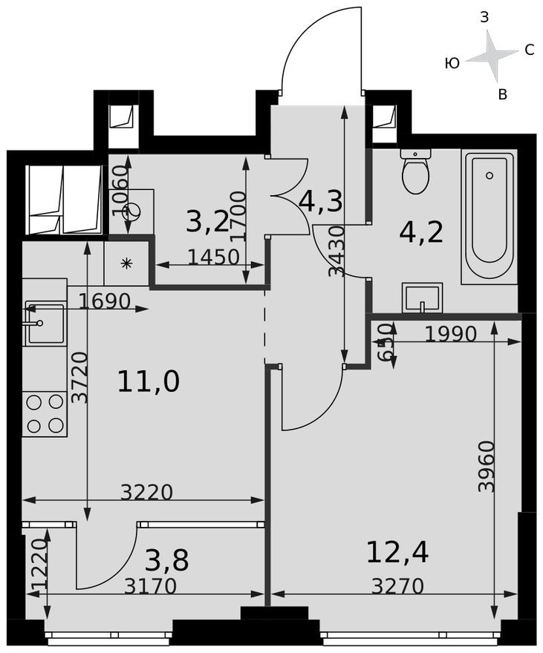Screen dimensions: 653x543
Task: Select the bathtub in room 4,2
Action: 488,217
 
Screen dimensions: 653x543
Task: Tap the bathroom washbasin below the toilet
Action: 422,298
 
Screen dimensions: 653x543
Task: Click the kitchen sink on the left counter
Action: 45,323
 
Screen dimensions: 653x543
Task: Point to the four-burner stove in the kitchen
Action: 45,413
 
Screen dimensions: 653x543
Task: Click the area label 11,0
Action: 149,381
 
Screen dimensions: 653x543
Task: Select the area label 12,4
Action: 397,552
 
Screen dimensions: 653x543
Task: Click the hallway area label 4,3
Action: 320,201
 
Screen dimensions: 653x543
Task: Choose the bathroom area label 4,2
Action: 421,232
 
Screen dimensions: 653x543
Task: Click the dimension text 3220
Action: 146,492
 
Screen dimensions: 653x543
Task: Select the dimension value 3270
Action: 397,586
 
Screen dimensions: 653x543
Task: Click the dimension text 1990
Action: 450,335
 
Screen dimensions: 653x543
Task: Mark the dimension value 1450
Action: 213,257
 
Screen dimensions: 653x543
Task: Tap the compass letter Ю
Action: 452,64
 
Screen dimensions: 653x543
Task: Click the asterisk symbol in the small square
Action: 126,263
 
